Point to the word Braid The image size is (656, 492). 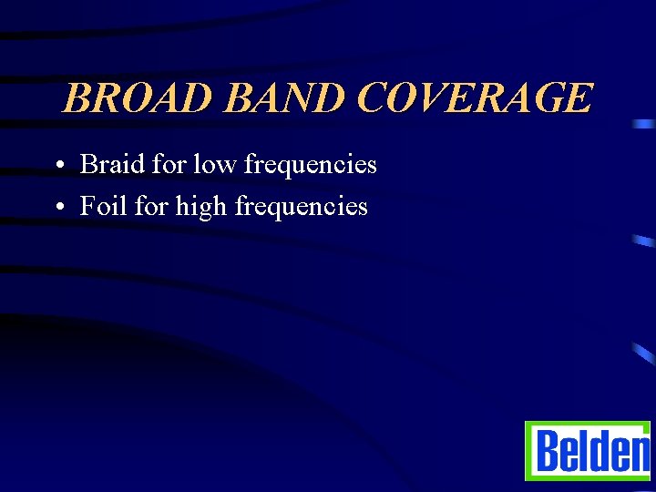112,164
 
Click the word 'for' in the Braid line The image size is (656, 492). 169,164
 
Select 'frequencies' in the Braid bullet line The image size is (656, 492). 310,166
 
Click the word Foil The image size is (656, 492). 104,206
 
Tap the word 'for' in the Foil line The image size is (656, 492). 151,206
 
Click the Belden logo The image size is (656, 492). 589,451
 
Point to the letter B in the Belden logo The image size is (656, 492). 546,452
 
